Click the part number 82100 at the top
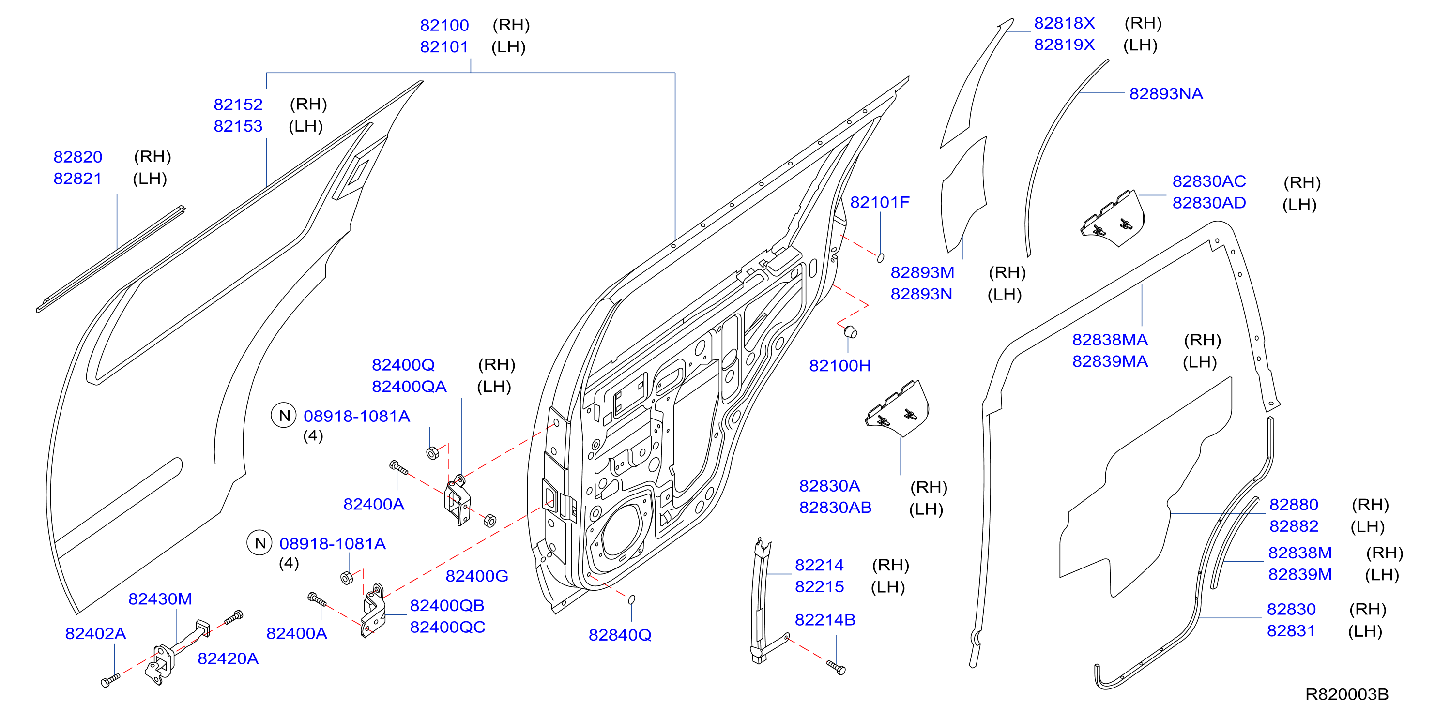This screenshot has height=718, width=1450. [444, 25]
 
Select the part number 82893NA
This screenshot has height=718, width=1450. [1166, 93]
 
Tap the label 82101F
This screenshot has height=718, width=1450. [879, 202]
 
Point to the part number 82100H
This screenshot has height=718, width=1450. [840, 366]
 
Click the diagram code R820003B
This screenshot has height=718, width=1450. [1346, 694]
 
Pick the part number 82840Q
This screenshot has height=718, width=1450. [620, 635]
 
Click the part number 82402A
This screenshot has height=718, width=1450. [96, 634]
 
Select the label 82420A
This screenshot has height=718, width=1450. [228, 658]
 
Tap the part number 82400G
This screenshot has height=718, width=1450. [477, 576]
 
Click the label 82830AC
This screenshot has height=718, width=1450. [1209, 181]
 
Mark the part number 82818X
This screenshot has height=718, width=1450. [1065, 23]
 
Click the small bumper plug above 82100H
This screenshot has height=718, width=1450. [851, 331]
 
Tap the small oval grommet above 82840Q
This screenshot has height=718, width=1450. [631, 599]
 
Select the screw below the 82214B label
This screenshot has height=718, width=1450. [836, 667]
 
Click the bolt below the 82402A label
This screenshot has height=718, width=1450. [110, 681]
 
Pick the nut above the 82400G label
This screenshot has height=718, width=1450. [490, 521]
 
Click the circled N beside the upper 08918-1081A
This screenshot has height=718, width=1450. [284, 416]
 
